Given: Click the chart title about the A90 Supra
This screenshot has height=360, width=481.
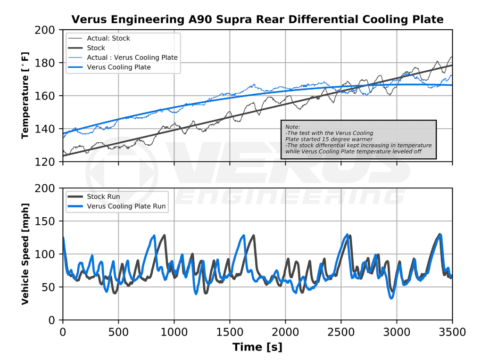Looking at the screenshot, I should pyautogui.click(x=257, y=19).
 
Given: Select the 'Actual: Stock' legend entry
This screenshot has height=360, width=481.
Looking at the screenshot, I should pyautogui.click(x=108, y=38).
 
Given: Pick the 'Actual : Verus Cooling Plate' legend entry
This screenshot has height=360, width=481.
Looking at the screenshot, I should pyautogui.click(x=132, y=57).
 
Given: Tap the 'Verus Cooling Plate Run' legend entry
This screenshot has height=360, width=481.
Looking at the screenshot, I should pyautogui.click(x=126, y=206).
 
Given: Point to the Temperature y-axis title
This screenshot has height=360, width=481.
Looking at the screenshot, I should pyautogui.click(x=25, y=96).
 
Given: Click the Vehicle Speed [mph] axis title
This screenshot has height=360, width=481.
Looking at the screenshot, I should pyautogui.click(x=25, y=254).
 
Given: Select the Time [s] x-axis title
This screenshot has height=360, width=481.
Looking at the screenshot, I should pyautogui.click(x=257, y=347).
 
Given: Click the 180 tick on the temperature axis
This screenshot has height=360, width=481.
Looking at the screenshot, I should pyautogui.click(x=45, y=63).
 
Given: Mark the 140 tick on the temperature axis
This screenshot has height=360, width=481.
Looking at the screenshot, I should pyautogui.click(x=45, y=129).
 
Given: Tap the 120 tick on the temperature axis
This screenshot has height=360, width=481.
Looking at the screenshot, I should pyautogui.click(x=45, y=162).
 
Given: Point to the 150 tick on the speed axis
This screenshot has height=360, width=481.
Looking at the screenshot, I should pyautogui.click(x=45, y=221).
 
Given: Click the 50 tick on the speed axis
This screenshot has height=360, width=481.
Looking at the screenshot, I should pyautogui.click(x=49, y=287).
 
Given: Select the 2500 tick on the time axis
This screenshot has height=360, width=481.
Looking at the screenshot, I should pyautogui.click(x=341, y=332).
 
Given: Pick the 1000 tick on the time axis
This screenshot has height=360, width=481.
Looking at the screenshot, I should pyautogui.click(x=174, y=332).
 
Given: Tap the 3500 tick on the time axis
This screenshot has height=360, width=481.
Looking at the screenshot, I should pyautogui.click(x=452, y=332).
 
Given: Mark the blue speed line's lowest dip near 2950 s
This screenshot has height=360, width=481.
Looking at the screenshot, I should pyautogui.click(x=391, y=298).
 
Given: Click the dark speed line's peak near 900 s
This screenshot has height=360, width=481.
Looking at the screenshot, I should pyautogui.click(x=165, y=235).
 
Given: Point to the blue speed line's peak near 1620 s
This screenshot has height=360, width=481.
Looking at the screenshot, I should pyautogui.click(x=244, y=236).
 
